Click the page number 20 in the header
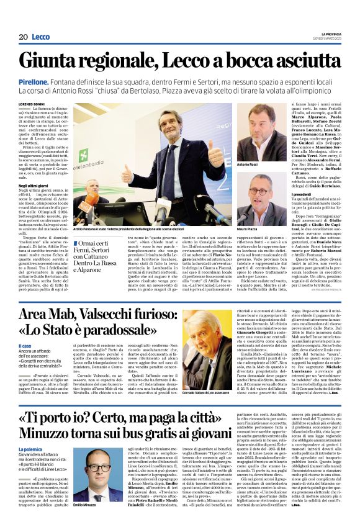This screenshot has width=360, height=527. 24,37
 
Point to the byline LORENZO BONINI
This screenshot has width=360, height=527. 35,104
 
